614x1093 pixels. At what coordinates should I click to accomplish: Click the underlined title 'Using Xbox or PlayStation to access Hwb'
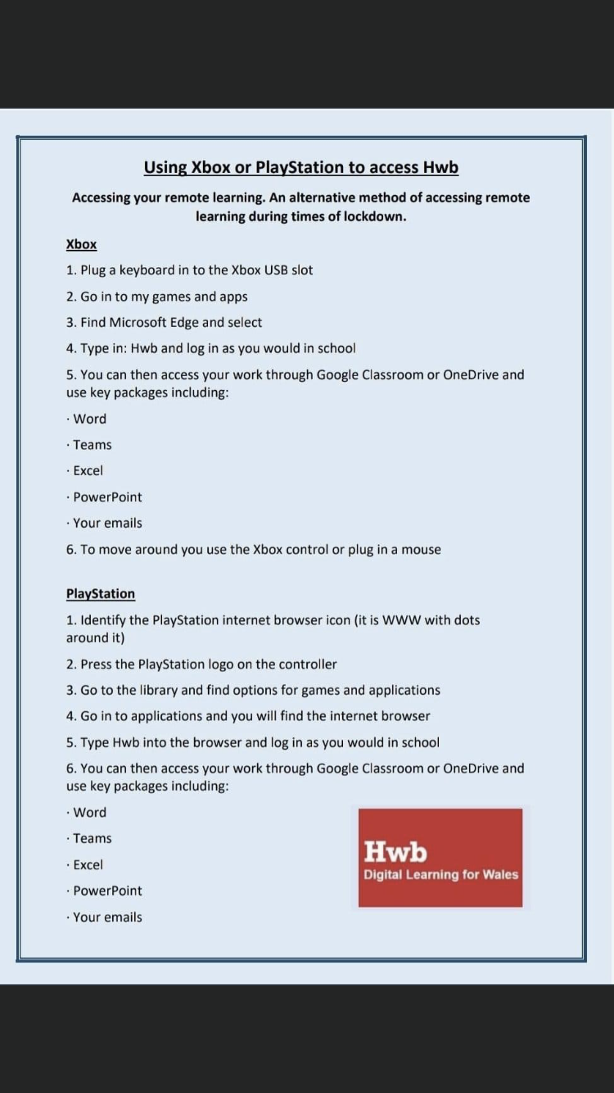(x=300, y=168)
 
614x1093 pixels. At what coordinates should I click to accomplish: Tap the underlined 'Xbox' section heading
(x=81, y=244)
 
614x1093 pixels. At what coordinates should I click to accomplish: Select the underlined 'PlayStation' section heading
(x=101, y=594)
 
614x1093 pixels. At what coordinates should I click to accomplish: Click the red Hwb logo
(x=440, y=857)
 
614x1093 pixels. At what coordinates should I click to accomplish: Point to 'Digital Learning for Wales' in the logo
(x=440, y=875)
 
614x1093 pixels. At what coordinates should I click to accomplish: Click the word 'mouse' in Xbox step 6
(x=421, y=550)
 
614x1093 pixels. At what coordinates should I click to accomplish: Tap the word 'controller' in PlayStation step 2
(x=308, y=664)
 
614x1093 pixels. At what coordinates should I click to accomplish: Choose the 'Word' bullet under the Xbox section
(x=89, y=419)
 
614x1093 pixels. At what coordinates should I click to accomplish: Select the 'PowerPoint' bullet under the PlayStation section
(x=107, y=891)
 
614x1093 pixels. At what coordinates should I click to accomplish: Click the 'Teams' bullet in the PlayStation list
(x=92, y=838)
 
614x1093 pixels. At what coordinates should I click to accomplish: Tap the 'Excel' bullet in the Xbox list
(x=88, y=471)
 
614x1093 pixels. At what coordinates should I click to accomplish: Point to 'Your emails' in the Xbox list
(x=107, y=523)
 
